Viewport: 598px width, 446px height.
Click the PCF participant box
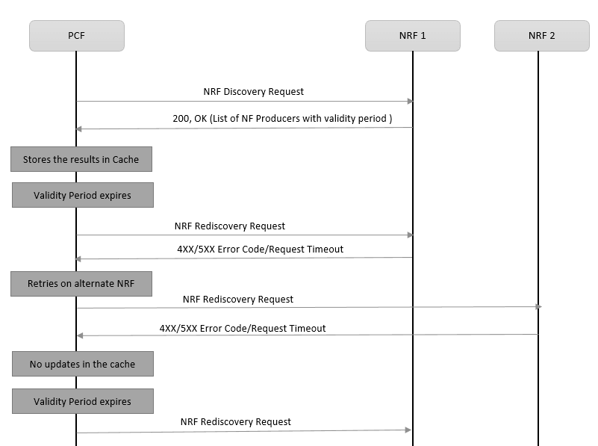tap(76, 36)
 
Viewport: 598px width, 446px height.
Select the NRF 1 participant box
tap(412, 36)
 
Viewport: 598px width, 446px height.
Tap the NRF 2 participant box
tap(541, 36)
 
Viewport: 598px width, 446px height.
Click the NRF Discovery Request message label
tap(253, 92)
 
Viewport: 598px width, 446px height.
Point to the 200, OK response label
tap(282, 118)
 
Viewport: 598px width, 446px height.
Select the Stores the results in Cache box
tap(81, 159)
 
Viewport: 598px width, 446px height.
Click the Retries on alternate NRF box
tap(81, 284)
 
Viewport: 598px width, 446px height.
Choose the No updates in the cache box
tap(82, 364)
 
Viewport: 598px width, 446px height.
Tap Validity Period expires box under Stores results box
tap(82, 195)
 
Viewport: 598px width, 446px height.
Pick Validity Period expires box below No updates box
tap(82, 401)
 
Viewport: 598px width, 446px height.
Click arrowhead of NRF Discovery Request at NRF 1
tap(409, 101)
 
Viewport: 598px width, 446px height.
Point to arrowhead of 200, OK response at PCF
tap(79, 128)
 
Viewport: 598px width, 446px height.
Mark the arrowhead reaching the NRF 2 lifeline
tap(538, 307)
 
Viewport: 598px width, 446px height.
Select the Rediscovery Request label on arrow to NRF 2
tap(237, 299)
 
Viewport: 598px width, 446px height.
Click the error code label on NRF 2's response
tap(243, 328)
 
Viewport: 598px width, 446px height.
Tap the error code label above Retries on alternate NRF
tap(260, 249)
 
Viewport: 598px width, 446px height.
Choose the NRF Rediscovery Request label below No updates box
tap(235, 421)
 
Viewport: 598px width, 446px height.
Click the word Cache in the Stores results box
tap(125, 159)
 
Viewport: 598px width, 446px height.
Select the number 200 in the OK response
tap(181, 118)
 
